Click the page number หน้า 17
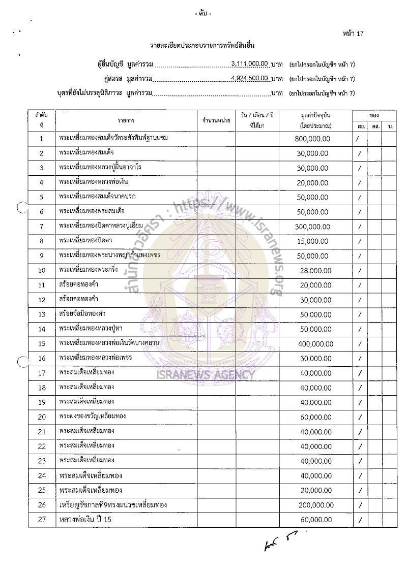[353, 34]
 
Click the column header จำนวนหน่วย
[216, 121]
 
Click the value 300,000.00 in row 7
[312, 227]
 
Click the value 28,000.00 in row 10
[314, 271]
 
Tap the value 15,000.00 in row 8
[314, 241]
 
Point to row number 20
[42, 417]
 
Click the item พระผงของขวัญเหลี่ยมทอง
[92, 416]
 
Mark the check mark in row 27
[360, 520]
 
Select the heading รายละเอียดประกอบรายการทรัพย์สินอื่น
[206, 46]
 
